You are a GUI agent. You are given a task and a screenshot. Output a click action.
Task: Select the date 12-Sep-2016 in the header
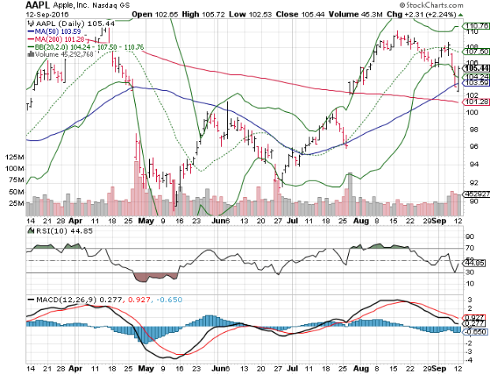(46, 15)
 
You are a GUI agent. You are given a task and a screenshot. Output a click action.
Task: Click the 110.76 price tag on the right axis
(473, 27)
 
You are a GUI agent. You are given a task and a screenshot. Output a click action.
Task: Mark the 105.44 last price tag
(473, 69)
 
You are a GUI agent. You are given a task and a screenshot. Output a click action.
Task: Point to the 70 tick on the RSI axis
(469, 248)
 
